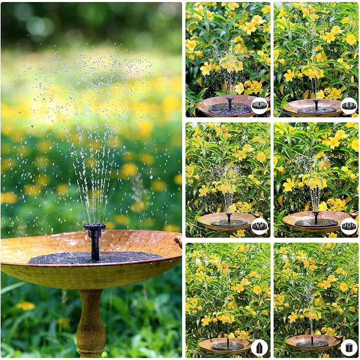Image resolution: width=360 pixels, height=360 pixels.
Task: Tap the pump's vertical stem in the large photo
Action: click(x=95, y=247)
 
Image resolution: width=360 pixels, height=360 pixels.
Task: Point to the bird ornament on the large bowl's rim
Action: click(x=178, y=241)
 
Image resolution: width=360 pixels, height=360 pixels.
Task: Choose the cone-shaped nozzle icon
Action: click(x=259, y=347)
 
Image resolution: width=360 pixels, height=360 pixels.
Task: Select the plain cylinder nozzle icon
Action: click(x=349, y=347)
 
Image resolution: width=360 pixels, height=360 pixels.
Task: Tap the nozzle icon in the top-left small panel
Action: click(x=259, y=105)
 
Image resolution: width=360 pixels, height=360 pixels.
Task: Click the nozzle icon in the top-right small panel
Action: click(x=349, y=105)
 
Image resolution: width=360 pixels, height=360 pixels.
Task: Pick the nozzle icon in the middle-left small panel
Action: click(x=259, y=226)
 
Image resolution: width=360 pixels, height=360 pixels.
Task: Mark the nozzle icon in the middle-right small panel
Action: click(x=349, y=226)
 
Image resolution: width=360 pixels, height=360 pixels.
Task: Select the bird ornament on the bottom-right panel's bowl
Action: click(x=341, y=337)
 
